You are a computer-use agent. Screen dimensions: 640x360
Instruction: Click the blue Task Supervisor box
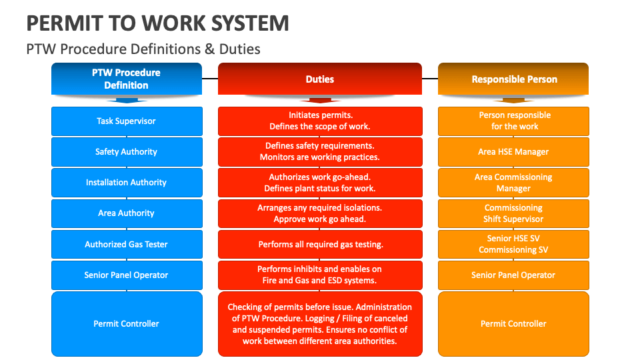(x=127, y=121)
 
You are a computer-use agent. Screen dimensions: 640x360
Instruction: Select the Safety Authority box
(x=127, y=152)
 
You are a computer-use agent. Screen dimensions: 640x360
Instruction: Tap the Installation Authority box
(x=127, y=183)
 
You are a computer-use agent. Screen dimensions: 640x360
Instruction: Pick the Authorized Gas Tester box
(x=127, y=244)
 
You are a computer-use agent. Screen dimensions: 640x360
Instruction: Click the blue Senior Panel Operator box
(x=127, y=275)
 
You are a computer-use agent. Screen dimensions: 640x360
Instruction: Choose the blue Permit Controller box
(x=127, y=324)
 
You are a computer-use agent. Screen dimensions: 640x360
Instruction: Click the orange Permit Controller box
(x=513, y=324)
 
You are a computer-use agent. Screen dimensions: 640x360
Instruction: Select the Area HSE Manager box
(x=513, y=152)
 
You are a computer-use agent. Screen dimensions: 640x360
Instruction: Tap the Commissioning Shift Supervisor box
(x=513, y=213)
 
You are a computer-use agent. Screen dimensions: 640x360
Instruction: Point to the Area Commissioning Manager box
(x=513, y=183)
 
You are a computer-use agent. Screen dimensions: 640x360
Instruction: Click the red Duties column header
(x=320, y=79)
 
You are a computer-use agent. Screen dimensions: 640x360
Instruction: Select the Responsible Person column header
(x=513, y=79)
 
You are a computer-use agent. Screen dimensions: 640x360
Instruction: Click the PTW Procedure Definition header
(x=127, y=79)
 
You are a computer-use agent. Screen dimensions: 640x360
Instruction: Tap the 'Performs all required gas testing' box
(x=320, y=244)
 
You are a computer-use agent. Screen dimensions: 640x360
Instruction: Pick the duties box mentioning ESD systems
(x=320, y=275)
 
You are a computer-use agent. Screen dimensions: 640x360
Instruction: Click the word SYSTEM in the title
(x=250, y=23)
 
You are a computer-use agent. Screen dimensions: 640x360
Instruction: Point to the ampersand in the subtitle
(x=210, y=49)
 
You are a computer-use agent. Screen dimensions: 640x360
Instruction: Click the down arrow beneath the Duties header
(x=320, y=100)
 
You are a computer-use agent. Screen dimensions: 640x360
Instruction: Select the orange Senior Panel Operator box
(x=513, y=275)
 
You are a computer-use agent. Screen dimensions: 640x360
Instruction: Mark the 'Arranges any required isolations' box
(x=320, y=213)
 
